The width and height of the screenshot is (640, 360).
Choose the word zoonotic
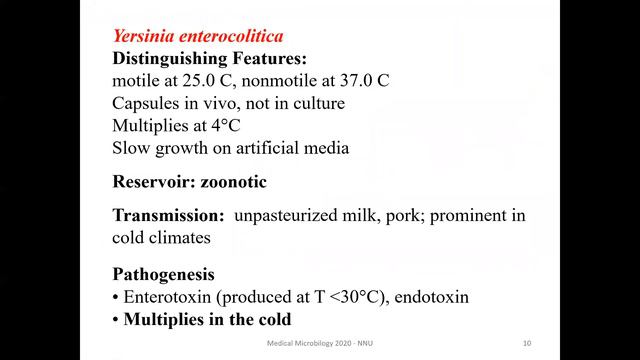coord(243,183)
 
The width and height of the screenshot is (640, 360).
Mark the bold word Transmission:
coord(167,216)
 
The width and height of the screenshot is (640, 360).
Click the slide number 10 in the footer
coord(526,344)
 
